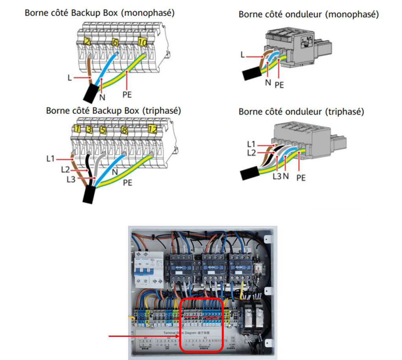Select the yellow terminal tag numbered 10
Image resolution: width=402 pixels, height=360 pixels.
click(x=142, y=41)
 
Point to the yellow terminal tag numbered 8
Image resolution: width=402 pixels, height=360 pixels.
click(x=124, y=129)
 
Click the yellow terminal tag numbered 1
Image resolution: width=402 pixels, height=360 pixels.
click(x=77, y=129)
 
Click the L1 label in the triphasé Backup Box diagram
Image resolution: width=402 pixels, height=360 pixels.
click(x=50, y=159)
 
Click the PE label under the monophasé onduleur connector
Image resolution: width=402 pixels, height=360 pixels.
click(x=279, y=85)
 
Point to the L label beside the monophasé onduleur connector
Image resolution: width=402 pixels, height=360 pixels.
click(x=242, y=56)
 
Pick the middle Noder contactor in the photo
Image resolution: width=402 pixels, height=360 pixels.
click(x=212, y=266)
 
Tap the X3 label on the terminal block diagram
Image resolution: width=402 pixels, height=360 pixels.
click(x=204, y=338)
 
